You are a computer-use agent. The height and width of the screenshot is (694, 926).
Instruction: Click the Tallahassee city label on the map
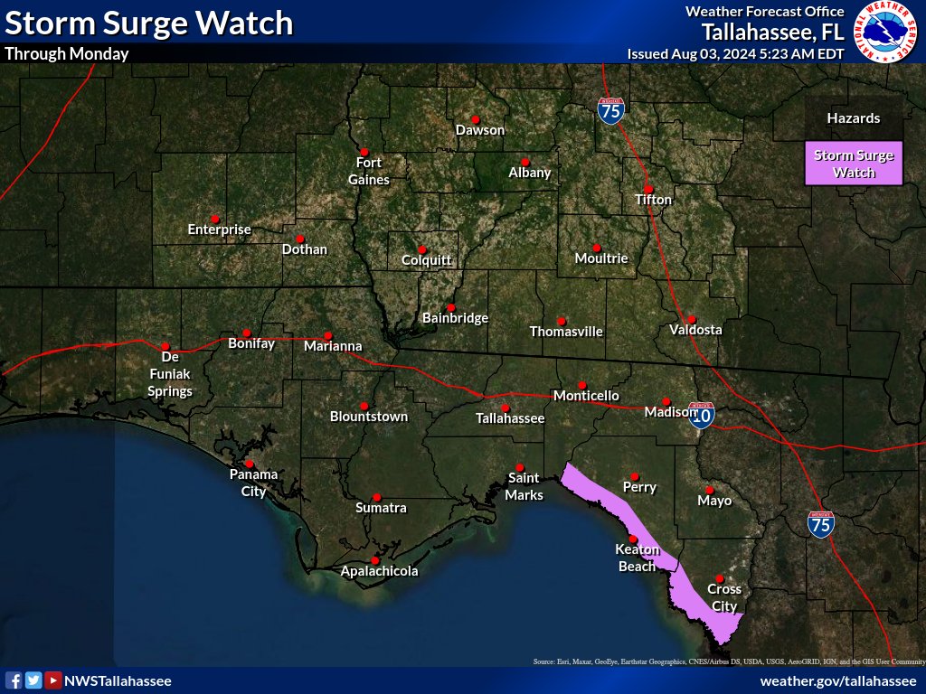click(510, 418)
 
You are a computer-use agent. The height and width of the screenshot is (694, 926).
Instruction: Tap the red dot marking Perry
click(635, 476)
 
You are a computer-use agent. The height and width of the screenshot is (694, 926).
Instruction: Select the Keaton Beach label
click(637, 558)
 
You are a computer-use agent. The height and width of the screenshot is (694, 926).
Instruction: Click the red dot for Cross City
click(720, 578)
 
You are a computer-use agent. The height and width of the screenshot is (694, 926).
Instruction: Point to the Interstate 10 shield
click(701, 414)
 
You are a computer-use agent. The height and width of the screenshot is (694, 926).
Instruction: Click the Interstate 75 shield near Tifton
click(610, 110)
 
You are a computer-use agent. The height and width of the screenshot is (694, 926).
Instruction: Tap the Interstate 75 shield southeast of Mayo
click(821, 524)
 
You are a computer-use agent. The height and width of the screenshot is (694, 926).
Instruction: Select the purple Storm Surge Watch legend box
click(854, 164)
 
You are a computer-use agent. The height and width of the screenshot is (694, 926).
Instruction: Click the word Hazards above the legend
click(853, 118)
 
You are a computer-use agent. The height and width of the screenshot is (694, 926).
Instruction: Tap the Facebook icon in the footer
click(14, 680)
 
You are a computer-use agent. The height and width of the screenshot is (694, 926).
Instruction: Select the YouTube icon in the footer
click(53, 680)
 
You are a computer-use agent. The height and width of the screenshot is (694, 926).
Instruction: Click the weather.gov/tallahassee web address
click(838, 680)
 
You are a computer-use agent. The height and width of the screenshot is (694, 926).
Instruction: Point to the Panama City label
click(253, 483)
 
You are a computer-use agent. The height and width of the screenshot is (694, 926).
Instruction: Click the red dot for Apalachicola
click(375, 560)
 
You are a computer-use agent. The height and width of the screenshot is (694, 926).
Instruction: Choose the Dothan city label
click(305, 249)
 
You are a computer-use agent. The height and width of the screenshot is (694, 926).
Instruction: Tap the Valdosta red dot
click(691, 318)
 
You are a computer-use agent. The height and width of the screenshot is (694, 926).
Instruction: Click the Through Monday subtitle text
click(67, 53)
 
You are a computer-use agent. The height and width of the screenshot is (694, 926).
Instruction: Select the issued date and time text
click(735, 53)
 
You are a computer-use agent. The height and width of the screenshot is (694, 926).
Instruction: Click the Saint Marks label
click(524, 486)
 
